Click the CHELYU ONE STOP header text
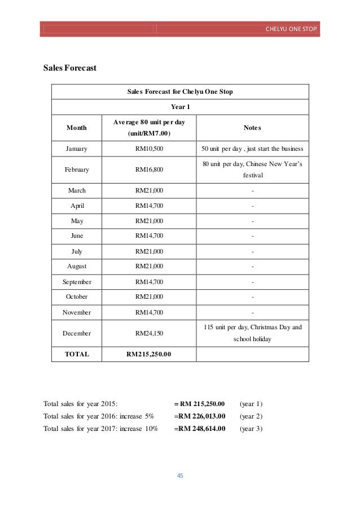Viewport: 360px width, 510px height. click(291, 29)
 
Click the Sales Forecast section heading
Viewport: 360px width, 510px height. click(70, 68)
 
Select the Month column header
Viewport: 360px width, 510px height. click(76, 128)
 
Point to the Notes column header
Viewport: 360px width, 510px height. click(252, 128)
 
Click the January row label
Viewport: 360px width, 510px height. click(76, 149)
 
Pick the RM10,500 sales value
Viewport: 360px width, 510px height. click(150, 149)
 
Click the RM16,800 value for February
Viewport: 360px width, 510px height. click(150, 169)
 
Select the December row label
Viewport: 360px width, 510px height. click(76, 333)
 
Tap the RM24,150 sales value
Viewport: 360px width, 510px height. click(150, 333)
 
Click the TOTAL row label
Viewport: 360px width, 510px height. click(76, 354)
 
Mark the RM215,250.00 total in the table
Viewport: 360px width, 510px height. click(150, 354)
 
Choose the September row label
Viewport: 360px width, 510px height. click(76, 281)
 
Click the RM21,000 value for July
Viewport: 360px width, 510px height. click(150, 251)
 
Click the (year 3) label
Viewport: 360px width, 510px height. click(252, 429)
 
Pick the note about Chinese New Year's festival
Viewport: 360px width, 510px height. click(252, 169)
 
